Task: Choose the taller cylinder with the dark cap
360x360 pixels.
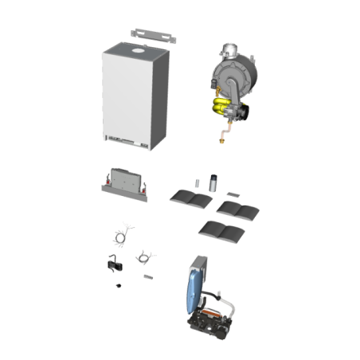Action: click(x=213, y=182)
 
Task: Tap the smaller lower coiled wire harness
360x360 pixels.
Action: click(x=144, y=256)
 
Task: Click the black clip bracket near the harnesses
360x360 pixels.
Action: click(x=111, y=263)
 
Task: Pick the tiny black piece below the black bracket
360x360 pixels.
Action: click(x=118, y=284)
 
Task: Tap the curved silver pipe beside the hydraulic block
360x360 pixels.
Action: click(x=232, y=306)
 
